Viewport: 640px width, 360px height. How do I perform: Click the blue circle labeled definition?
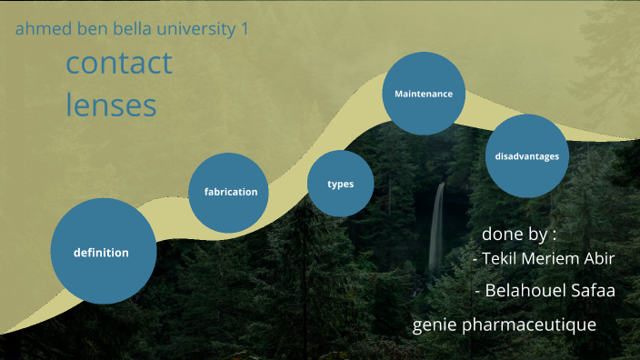click(x=102, y=252)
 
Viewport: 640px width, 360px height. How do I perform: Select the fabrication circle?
click(x=229, y=192)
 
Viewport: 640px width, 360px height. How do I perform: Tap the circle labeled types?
click(x=340, y=184)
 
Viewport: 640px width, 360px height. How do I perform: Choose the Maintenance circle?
click(x=424, y=94)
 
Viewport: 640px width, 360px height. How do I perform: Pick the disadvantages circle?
click(x=527, y=156)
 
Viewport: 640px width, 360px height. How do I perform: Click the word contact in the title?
click(x=119, y=64)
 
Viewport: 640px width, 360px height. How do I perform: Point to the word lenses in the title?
click(x=111, y=105)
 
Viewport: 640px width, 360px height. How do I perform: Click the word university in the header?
click(x=197, y=29)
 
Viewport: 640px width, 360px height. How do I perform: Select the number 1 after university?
click(x=244, y=29)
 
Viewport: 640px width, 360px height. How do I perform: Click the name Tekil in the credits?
click(x=505, y=259)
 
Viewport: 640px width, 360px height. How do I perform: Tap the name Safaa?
click(x=593, y=291)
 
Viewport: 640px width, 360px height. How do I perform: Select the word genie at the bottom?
click(x=432, y=325)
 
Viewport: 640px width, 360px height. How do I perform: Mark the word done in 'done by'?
click(x=502, y=234)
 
